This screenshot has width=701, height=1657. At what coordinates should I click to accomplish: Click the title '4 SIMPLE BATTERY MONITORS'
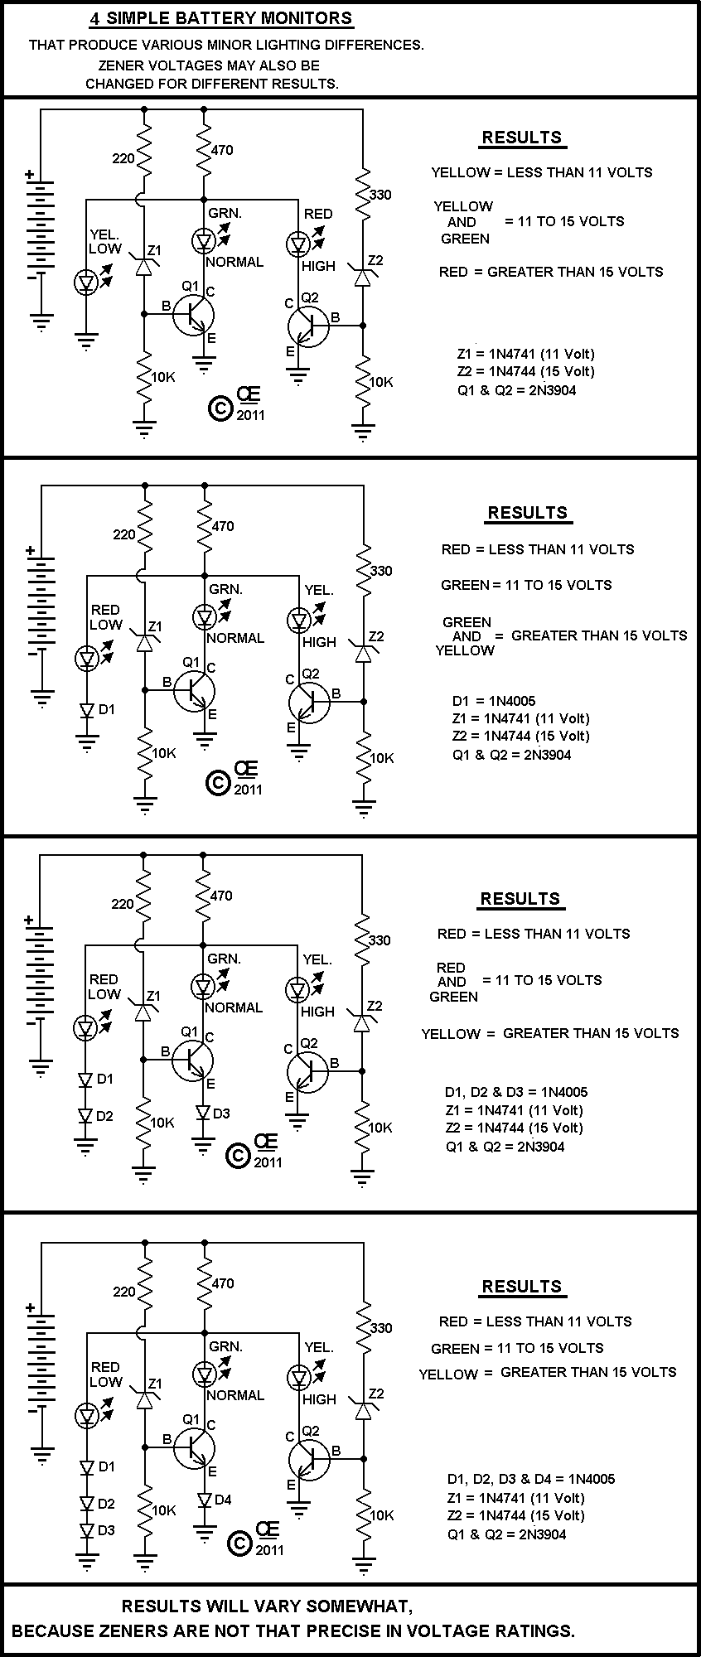220,18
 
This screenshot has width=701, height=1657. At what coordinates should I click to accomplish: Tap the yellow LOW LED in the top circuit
86,282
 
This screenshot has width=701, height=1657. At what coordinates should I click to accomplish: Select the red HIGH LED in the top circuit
297,244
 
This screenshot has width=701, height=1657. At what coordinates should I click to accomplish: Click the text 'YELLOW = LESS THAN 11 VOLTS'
541,172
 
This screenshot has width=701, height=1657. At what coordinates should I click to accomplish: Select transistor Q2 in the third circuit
307,1070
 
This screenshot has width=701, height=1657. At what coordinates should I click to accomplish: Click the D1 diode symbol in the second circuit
86,710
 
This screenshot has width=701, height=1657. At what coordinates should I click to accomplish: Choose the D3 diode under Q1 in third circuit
203,1113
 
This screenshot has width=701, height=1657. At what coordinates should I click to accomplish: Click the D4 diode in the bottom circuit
204,1500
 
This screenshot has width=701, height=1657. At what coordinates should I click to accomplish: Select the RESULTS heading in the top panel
522,138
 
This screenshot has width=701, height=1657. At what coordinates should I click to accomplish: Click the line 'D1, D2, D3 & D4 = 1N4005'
531,1479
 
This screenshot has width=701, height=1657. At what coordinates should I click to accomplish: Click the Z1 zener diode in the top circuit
145,265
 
